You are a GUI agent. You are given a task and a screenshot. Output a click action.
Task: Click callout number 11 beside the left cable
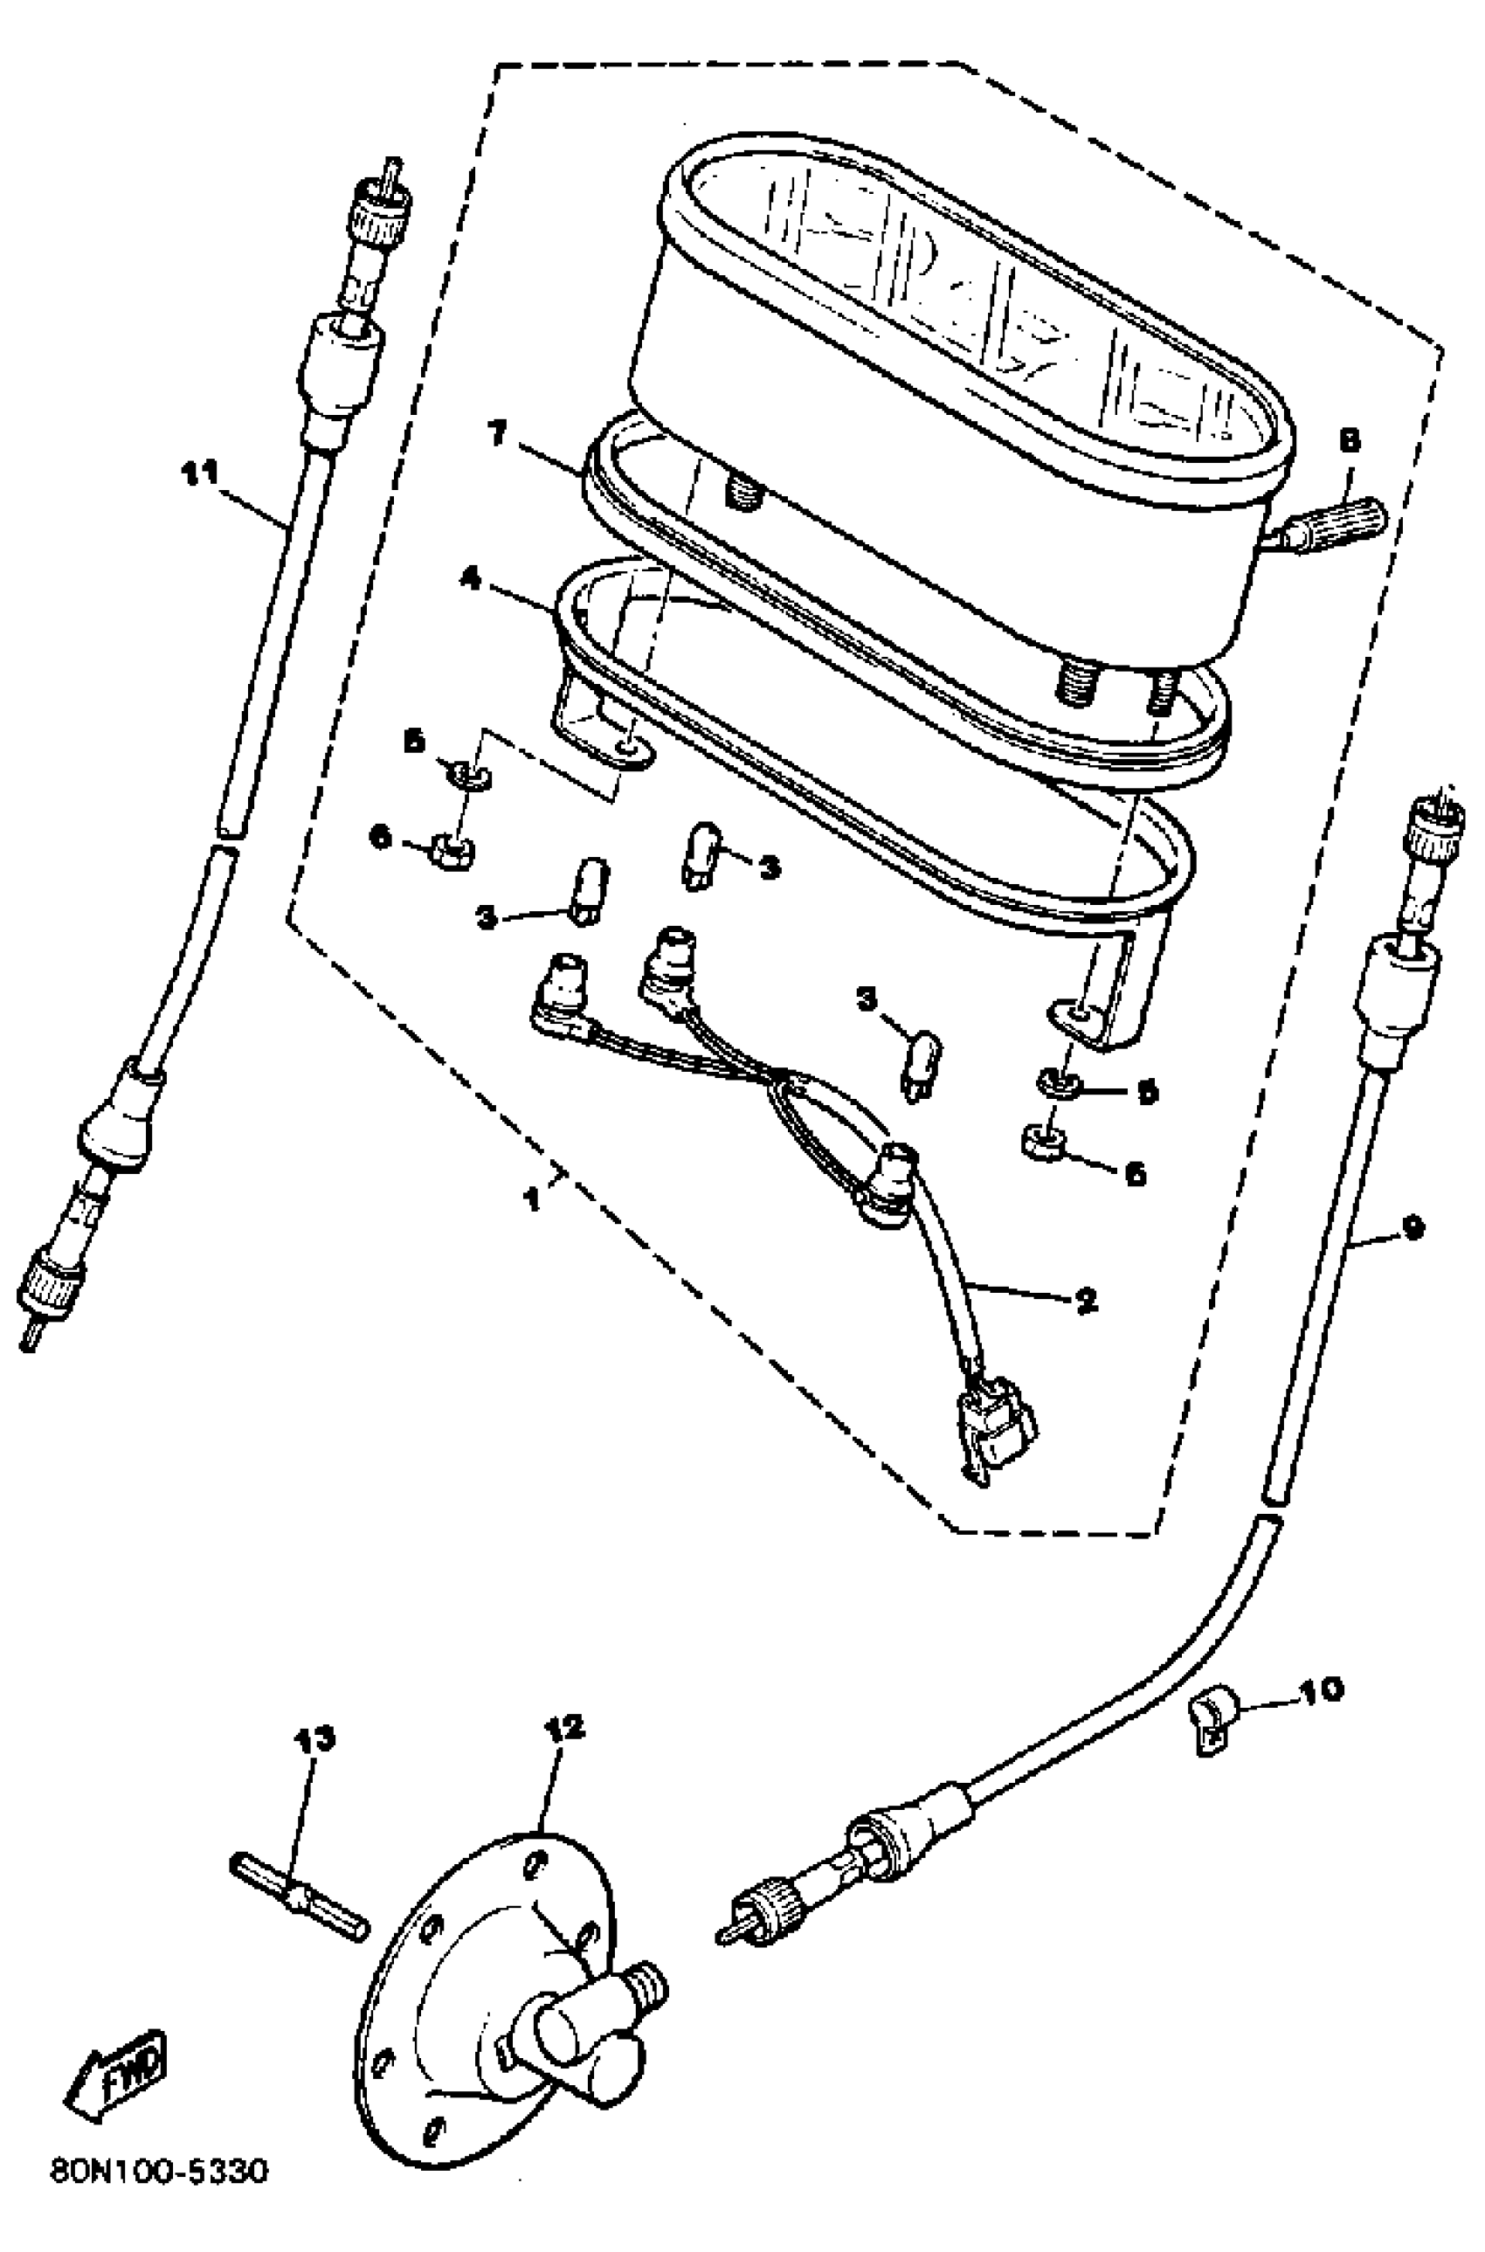201,472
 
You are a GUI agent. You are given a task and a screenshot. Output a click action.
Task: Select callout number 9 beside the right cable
1412,1228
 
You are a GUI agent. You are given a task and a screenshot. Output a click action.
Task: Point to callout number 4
471,577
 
